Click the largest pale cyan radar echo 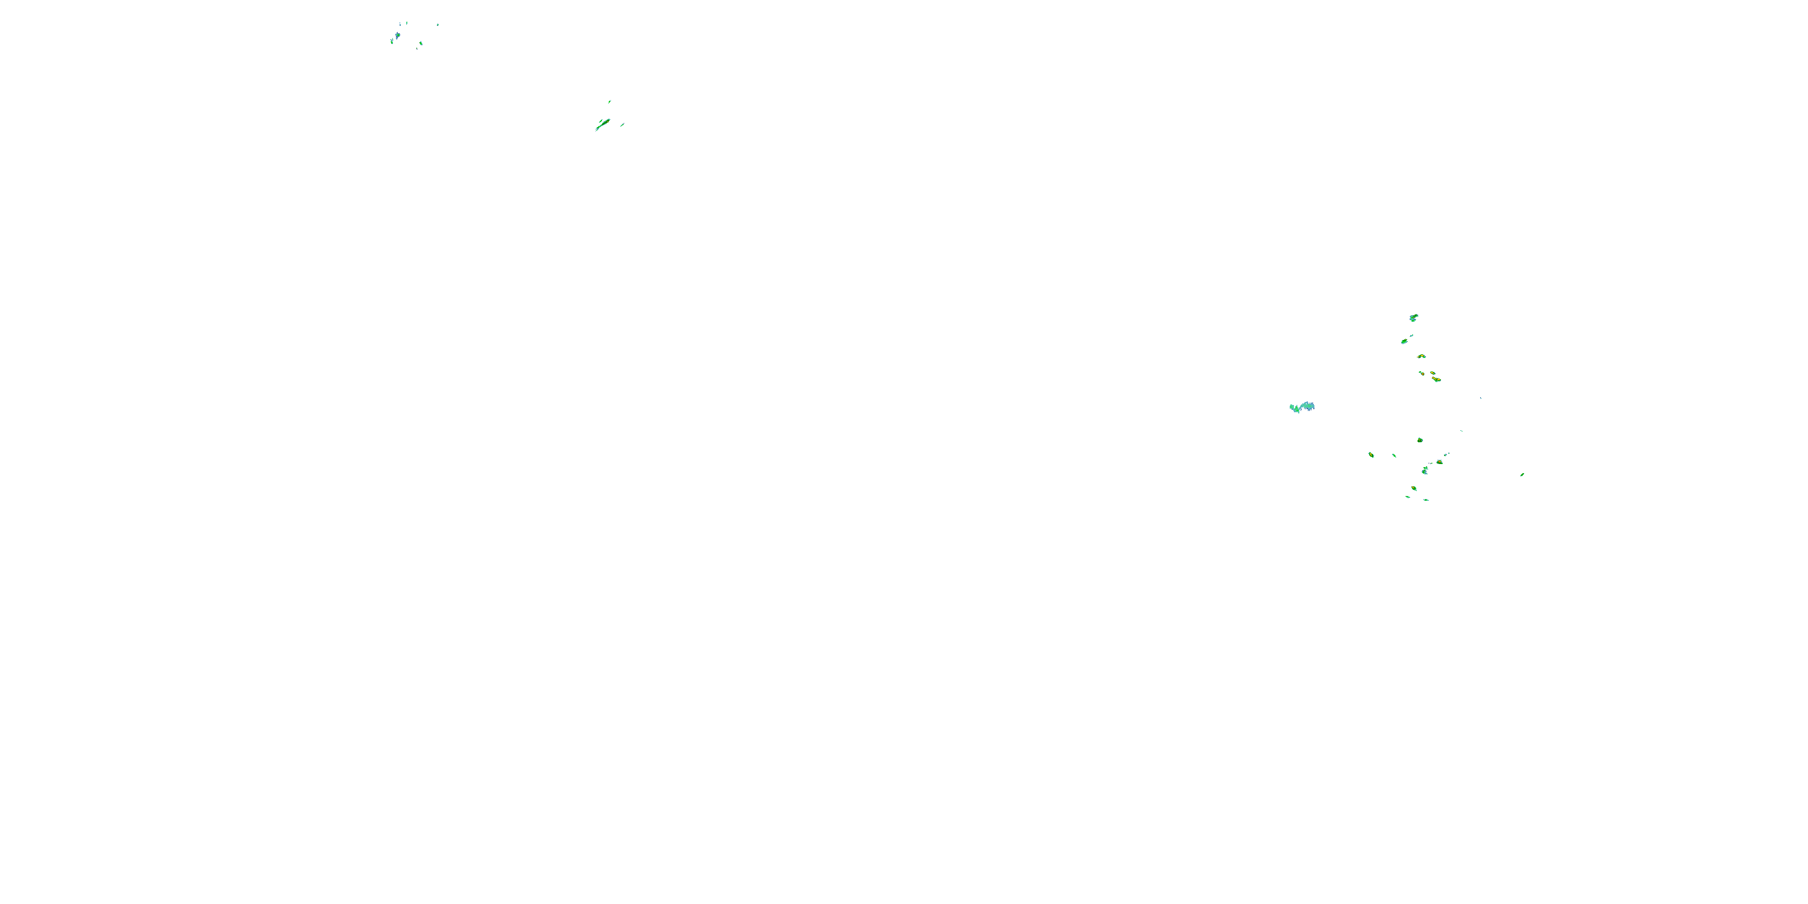coord(1302,407)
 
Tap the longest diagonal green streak coord(603,124)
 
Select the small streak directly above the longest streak coord(609,102)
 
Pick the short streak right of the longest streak coord(622,125)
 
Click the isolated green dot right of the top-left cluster coord(438,25)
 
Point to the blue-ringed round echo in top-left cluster coord(397,35)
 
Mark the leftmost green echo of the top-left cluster coord(392,42)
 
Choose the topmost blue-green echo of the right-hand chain coord(1413,318)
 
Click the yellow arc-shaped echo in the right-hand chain coord(1421,357)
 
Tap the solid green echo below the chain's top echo coord(1404,342)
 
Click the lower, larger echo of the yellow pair coord(1437,380)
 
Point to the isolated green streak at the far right coord(1522,474)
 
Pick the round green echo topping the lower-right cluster coord(1420,440)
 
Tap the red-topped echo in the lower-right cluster coord(1440,462)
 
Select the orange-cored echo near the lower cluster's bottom coord(1414,489)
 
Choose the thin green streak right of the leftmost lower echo coord(1394,456)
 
